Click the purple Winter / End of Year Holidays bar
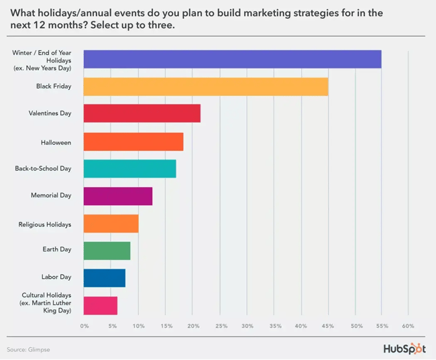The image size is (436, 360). (x=232, y=59)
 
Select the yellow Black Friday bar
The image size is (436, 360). (x=206, y=86)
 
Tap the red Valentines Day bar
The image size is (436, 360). (x=142, y=114)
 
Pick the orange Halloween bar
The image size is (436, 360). (x=133, y=141)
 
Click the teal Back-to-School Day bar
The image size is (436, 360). (x=130, y=169)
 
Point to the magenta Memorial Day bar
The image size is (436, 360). (x=118, y=196)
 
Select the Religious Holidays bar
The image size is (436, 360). (x=111, y=223)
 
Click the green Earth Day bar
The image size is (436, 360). (x=107, y=251)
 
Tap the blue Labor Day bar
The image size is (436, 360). (x=105, y=278)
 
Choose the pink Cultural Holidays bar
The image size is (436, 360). (x=101, y=305)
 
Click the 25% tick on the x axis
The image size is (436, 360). (x=221, y=326)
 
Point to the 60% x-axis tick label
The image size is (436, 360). (x=408, y=326)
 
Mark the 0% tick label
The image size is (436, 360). (x=85, y=326)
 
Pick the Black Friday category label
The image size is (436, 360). (x=54, y=86)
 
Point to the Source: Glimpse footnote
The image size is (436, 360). (x=29, y=349)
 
